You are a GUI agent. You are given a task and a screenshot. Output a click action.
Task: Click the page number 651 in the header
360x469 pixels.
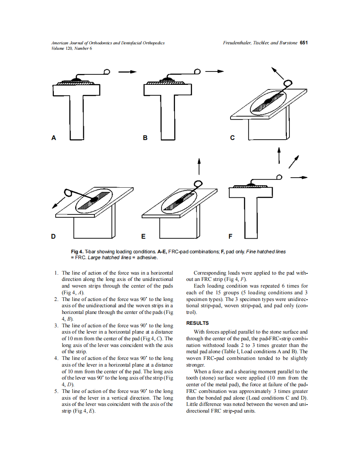pyautogui.click(x=304, y=43)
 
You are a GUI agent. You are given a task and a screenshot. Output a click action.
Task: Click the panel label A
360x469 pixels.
pyautogui.click(x=53, y=138)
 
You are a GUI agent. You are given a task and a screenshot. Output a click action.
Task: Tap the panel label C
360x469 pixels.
pyautogui.click(x=233, y=138)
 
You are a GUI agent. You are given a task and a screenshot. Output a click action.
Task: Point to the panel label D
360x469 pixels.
pyautogui.click(x=53, y=237)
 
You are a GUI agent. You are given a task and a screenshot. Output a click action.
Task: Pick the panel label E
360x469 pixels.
pyautogui.click(x=144, y=237)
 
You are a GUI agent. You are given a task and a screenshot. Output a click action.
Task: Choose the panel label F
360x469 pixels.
pyautogui.click(x=231, y=237)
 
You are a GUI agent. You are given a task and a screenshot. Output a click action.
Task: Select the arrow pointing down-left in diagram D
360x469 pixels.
pyautogui.click(x=58, y=202)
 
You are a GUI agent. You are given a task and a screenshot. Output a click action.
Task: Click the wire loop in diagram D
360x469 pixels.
pyautogui.click(x=68, y=193)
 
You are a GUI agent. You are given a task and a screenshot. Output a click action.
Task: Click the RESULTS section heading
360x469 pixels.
pyautogui.click(x=198, y=323)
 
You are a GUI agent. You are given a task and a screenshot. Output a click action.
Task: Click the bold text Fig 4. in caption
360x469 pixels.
pyautogui.click(x=77, y=252)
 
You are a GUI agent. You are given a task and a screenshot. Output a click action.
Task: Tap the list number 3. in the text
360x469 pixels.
pyautogui.click(x=56, y=325)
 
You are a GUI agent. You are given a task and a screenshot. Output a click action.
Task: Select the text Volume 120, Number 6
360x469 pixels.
pyautogui.click(x=71, y=48)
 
